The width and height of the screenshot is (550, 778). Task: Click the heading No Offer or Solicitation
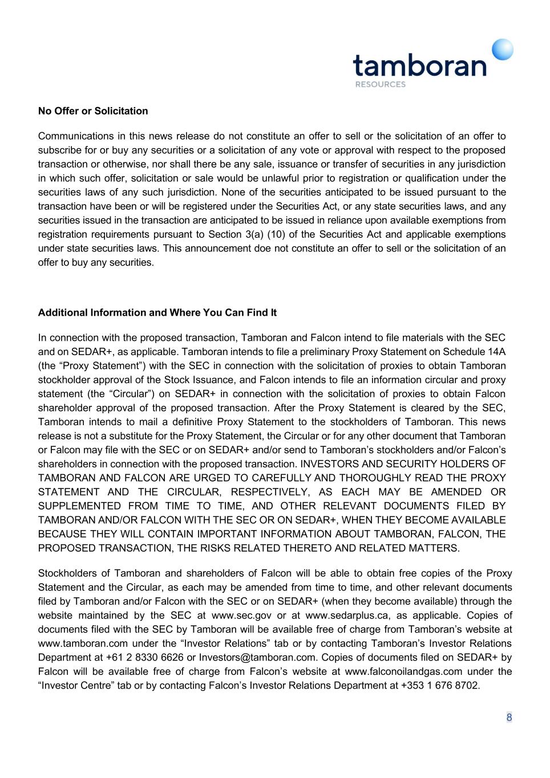coord(93,111)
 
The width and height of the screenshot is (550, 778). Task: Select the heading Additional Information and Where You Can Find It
coord(157,313)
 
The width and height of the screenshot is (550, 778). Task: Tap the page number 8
coord(509,718)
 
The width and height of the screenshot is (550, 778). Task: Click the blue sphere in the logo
coord(503,50)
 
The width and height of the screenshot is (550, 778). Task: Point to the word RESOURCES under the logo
coord(380,84)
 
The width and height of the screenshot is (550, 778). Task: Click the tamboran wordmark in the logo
coord(419,66)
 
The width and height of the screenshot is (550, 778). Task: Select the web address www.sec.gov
coord(241,616)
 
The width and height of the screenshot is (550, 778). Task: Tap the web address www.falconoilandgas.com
coord(403,671)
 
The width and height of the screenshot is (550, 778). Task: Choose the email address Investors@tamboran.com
coord(257,658)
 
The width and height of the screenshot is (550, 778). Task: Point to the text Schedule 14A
coord(474,352)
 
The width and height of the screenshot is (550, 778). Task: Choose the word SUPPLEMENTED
coord(79,506)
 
